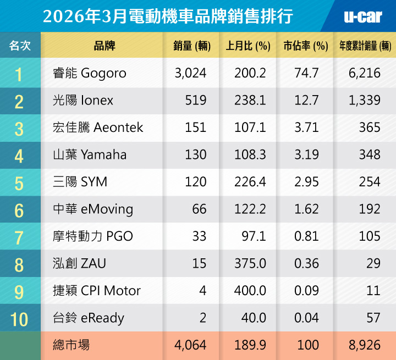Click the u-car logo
pos(362,16)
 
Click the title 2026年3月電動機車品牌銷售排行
pos(168,16)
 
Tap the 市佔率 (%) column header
pos(306,46)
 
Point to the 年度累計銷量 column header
pos(365,46)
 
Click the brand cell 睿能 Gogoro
pos(87,73)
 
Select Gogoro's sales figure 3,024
pos(190,73)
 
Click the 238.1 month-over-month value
pos(250,101)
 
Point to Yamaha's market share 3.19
pos(306,155)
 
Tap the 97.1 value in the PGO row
pos(254,236)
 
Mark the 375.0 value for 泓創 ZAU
pos(250,263)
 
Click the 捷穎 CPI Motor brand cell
pos(95,291)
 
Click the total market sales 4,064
pos(190,345)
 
